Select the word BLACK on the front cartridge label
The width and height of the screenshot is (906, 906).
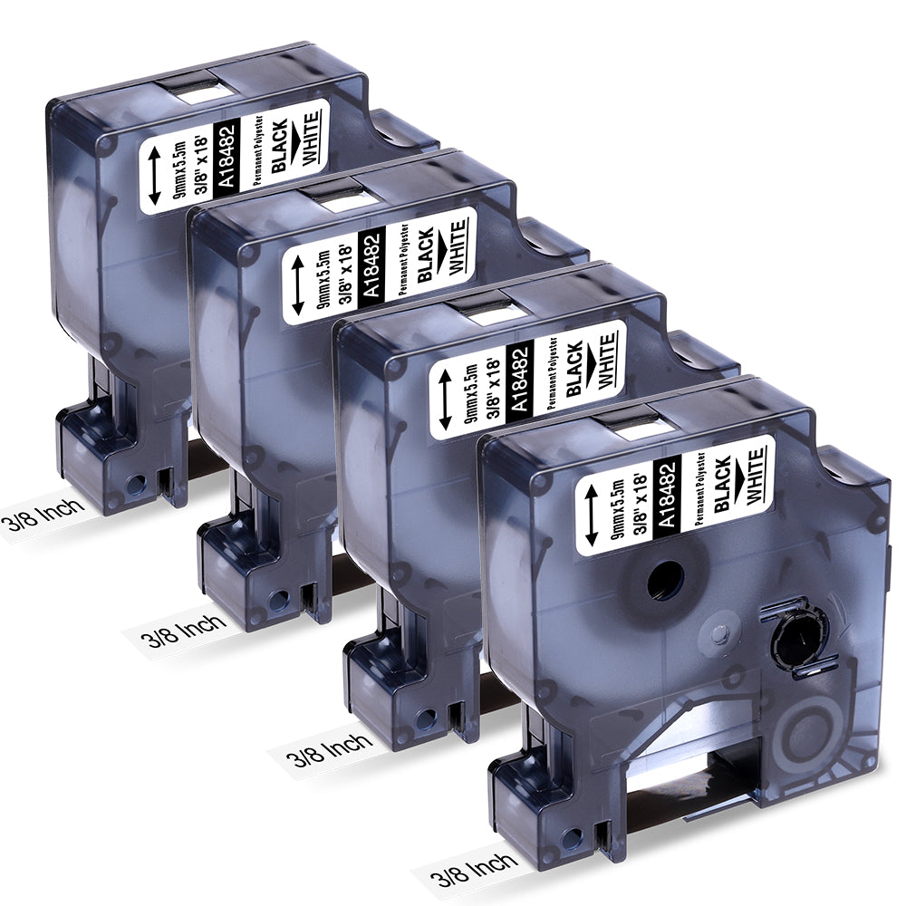coord(722,483)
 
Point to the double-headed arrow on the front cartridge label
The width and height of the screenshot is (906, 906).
coord(591,515)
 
